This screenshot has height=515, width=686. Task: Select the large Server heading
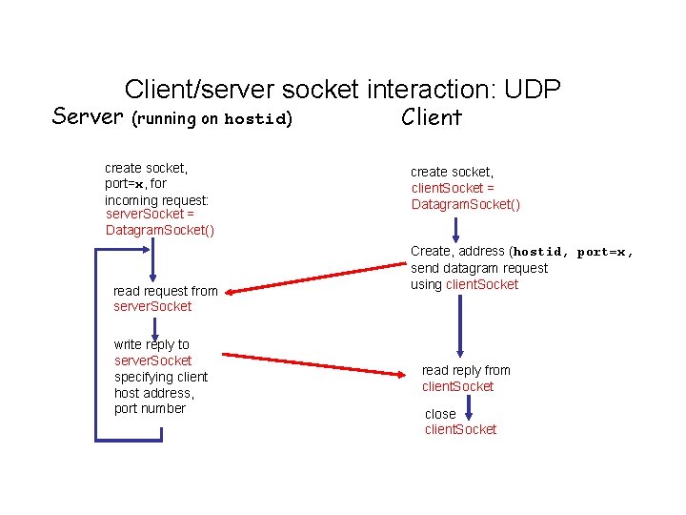89,116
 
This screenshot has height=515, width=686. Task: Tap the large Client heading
432,117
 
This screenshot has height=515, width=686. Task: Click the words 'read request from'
165,291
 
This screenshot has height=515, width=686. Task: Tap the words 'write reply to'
151,344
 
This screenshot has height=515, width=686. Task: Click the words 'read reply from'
466,370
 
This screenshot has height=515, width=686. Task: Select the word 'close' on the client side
440,414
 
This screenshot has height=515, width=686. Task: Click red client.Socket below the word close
460,430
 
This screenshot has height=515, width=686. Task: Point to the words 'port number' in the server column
150,408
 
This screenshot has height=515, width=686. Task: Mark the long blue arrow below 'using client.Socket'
460,325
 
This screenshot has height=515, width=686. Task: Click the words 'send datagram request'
479,268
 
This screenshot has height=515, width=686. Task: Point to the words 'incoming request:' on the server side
156,200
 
